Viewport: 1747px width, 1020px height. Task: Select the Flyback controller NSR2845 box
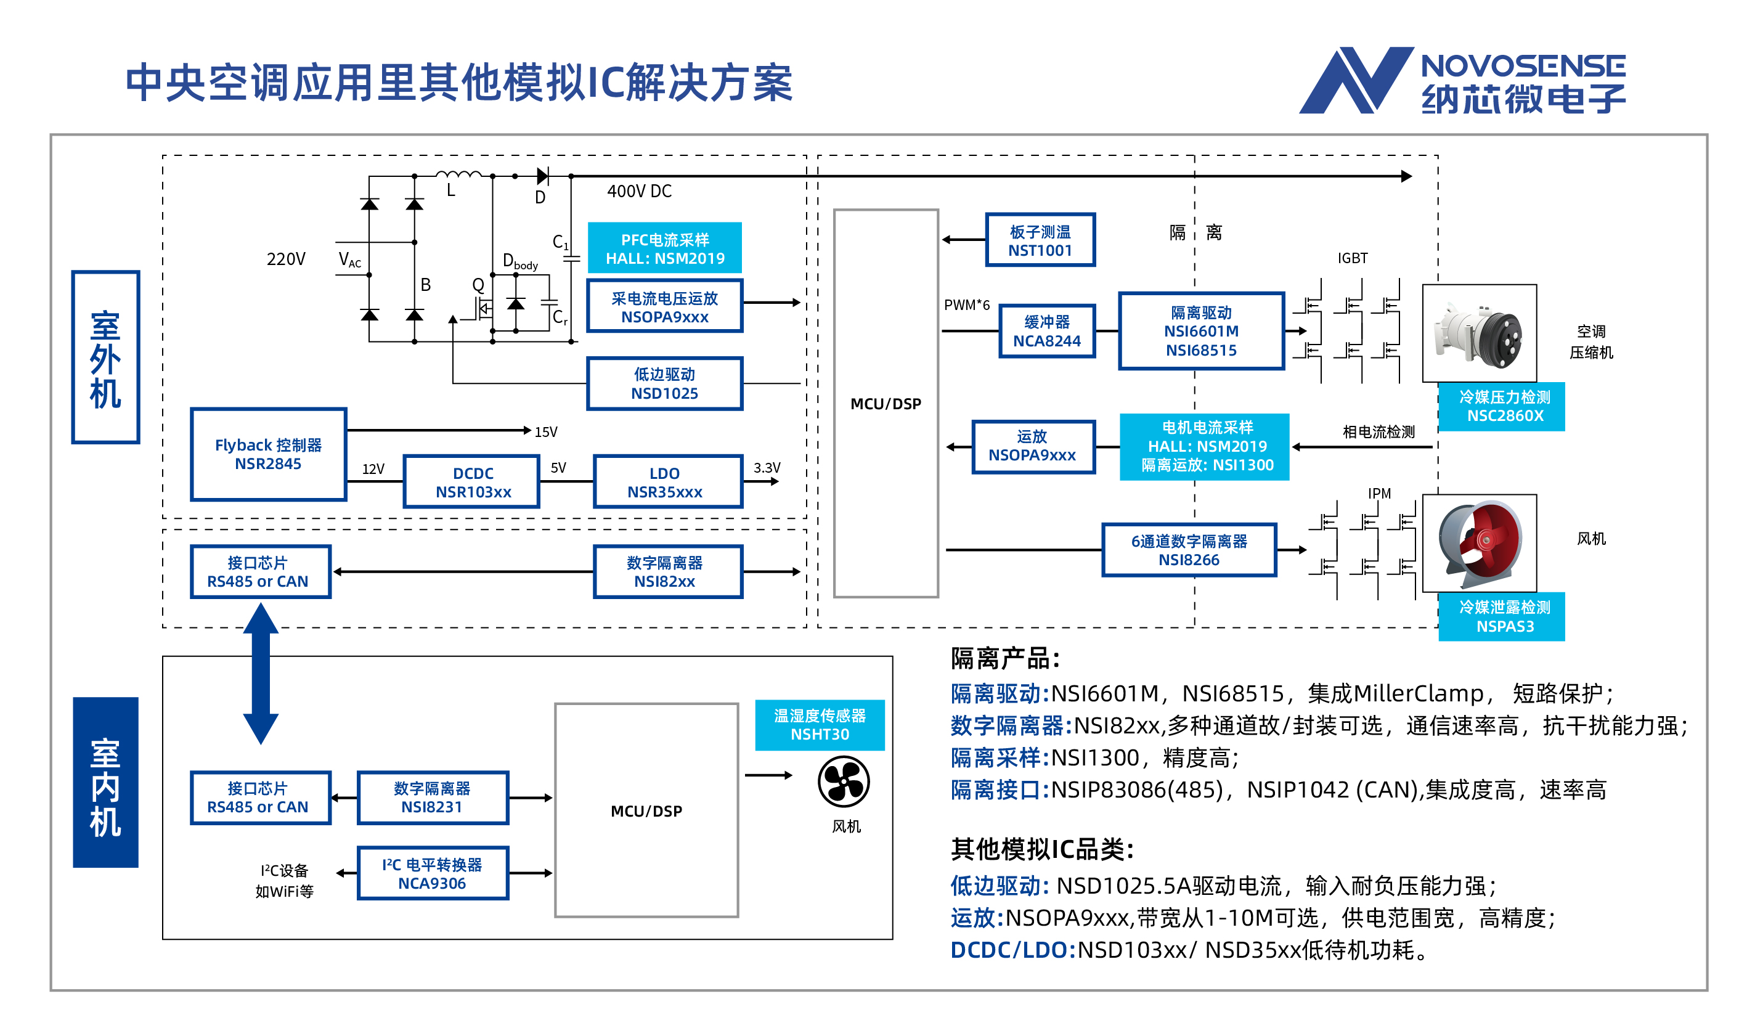coord(268,454)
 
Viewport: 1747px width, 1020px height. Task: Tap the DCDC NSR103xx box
coord(472,482)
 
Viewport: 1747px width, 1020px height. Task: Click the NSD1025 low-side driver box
coord(664,383)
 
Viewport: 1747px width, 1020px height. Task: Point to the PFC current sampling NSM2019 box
coord(664,248)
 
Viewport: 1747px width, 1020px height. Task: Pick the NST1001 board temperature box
coord(1040,240)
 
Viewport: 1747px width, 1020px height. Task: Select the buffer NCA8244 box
coord(1047,332)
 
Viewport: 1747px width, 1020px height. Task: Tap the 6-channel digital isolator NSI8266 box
coord(1189,550)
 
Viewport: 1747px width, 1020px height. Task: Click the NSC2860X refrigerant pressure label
coord(1502,406)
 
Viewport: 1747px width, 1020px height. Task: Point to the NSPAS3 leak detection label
coord(1502,616)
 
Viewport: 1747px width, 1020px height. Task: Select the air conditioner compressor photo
coord(1479,333)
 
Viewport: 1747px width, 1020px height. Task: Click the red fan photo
coord(1479,543)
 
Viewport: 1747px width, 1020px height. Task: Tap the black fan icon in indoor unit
coord(844,782)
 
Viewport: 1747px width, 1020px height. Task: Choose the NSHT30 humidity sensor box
coord(820,725)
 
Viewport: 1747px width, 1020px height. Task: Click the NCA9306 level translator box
coord(433,873)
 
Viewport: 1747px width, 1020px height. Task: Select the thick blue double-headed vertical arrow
coord(261,673)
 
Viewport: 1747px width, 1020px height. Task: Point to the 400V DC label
coord(638,192)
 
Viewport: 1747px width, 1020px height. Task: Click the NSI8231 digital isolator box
coord(433,798)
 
